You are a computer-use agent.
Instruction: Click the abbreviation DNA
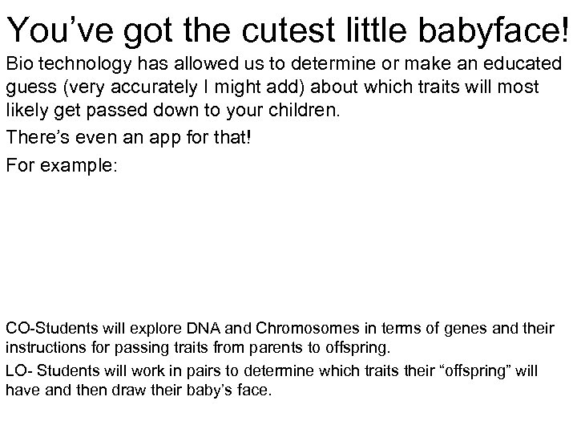pyautogui.click(x=204, y=329)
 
